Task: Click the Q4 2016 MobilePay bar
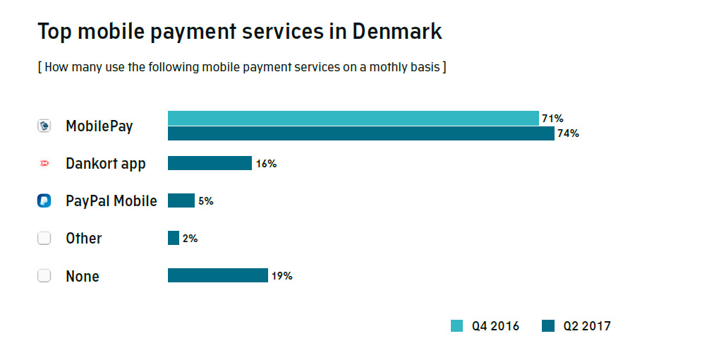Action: click(x=353, y=118)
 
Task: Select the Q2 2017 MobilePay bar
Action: click(x=361, y=133)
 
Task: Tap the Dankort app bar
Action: click(x=210, y=163)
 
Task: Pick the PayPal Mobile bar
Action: click(x=181, y=200)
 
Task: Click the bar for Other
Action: click(x=174, y=238)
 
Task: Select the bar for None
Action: click(x=217, y=275)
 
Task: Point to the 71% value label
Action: click(x=552, y=119)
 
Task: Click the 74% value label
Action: click(x=568, y=133)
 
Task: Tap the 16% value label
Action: click(x=266, y=164)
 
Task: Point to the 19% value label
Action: click(x=282, y=276)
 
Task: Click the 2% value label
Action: click(x=190, y=239)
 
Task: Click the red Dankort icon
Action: click(x=44, y=164)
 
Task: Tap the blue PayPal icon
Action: click(x=44, y=201)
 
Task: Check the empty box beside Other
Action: click(x=44, y=239)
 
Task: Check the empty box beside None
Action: click(x=44, y=276)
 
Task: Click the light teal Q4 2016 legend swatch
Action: click(x=457, y=326)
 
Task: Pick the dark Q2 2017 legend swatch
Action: click(x=548, y=326)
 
